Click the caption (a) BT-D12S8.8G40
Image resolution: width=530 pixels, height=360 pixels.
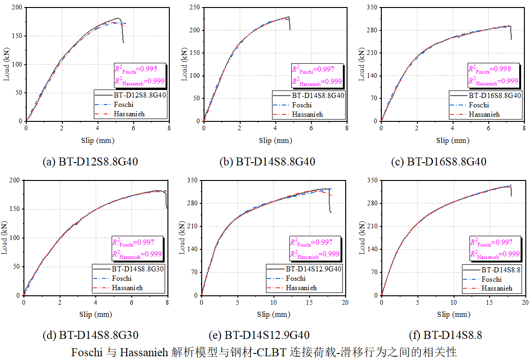pyautogui.click(x=91, y=162)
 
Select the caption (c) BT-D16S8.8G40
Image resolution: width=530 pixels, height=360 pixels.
pyautogui.click(x=439, y=162)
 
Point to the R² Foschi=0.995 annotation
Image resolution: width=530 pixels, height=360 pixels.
pyautogui.click(x=136, y=69)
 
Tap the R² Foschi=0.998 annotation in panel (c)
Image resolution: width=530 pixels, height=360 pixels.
pyautogui.click(x=489, y=69)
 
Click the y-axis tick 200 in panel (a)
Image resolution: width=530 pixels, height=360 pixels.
pyautogui.click(x=16, y=7)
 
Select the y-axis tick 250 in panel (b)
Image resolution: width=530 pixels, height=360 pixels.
pyautogui.click(x=194, y=7)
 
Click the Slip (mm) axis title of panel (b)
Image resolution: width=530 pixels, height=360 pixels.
pyautogui.click(x=275, y=140)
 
